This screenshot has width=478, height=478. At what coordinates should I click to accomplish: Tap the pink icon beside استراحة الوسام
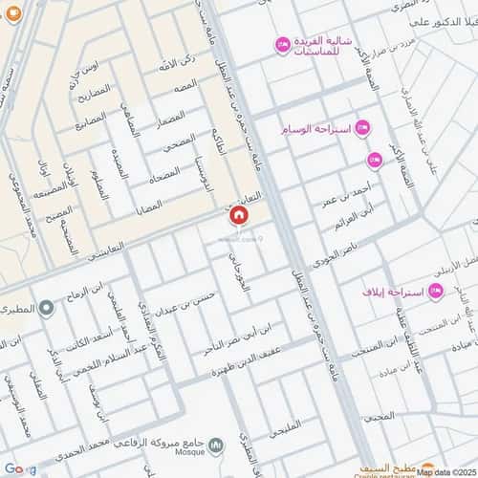coord(363,128)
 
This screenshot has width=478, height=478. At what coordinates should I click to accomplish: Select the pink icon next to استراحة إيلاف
coord(436,291)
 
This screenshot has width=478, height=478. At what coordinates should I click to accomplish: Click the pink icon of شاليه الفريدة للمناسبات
coord(282,44)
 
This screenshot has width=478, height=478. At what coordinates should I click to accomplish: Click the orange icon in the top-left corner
coord(5,5)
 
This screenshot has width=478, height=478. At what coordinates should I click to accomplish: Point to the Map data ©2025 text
coord(445,471)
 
